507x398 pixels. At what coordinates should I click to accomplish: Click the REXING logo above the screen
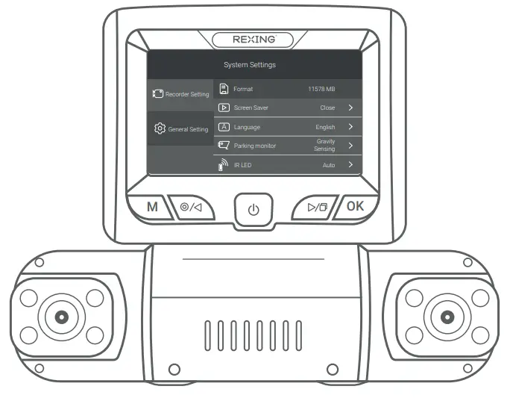pyautogui.click(x=253, y=39)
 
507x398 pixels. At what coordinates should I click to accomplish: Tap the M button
pyautogui.click(x=152, y=207)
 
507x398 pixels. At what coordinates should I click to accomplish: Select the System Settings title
pyautogui.click(x=249, y=65)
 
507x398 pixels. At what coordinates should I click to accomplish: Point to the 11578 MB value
pyautogui.click(x=321, y=90)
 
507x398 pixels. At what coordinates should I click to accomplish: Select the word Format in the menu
pyautogui.click(x=243, y=90)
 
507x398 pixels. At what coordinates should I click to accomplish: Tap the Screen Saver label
pyautogui.click(x=251, y=108)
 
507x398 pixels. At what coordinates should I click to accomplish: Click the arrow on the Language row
pyautogui.click(x=350, y=127)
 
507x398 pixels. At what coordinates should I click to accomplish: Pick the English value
pyautogui.click(x=325, y=127)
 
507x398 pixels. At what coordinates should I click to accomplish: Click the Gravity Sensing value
pyautogui.click(x=324, y=145)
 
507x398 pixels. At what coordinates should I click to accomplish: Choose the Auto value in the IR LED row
pyautogui.click(x=329, y=164)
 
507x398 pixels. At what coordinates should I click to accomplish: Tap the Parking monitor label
pyautogui.click(x=254, y=146)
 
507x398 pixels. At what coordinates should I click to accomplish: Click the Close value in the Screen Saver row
pyautogui.click(x=327, y=108)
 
